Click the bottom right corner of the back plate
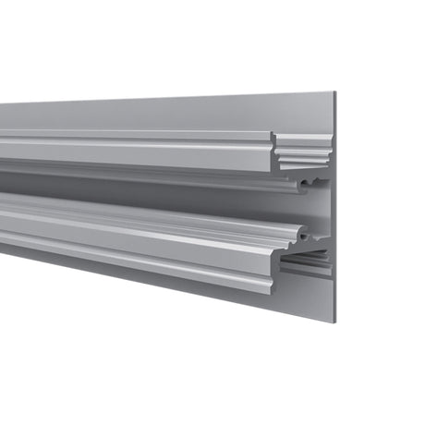334,321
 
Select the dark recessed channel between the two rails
139,185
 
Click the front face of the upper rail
139,152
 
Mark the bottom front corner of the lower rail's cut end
273,293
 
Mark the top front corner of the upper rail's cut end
273,132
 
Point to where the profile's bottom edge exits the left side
2,251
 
